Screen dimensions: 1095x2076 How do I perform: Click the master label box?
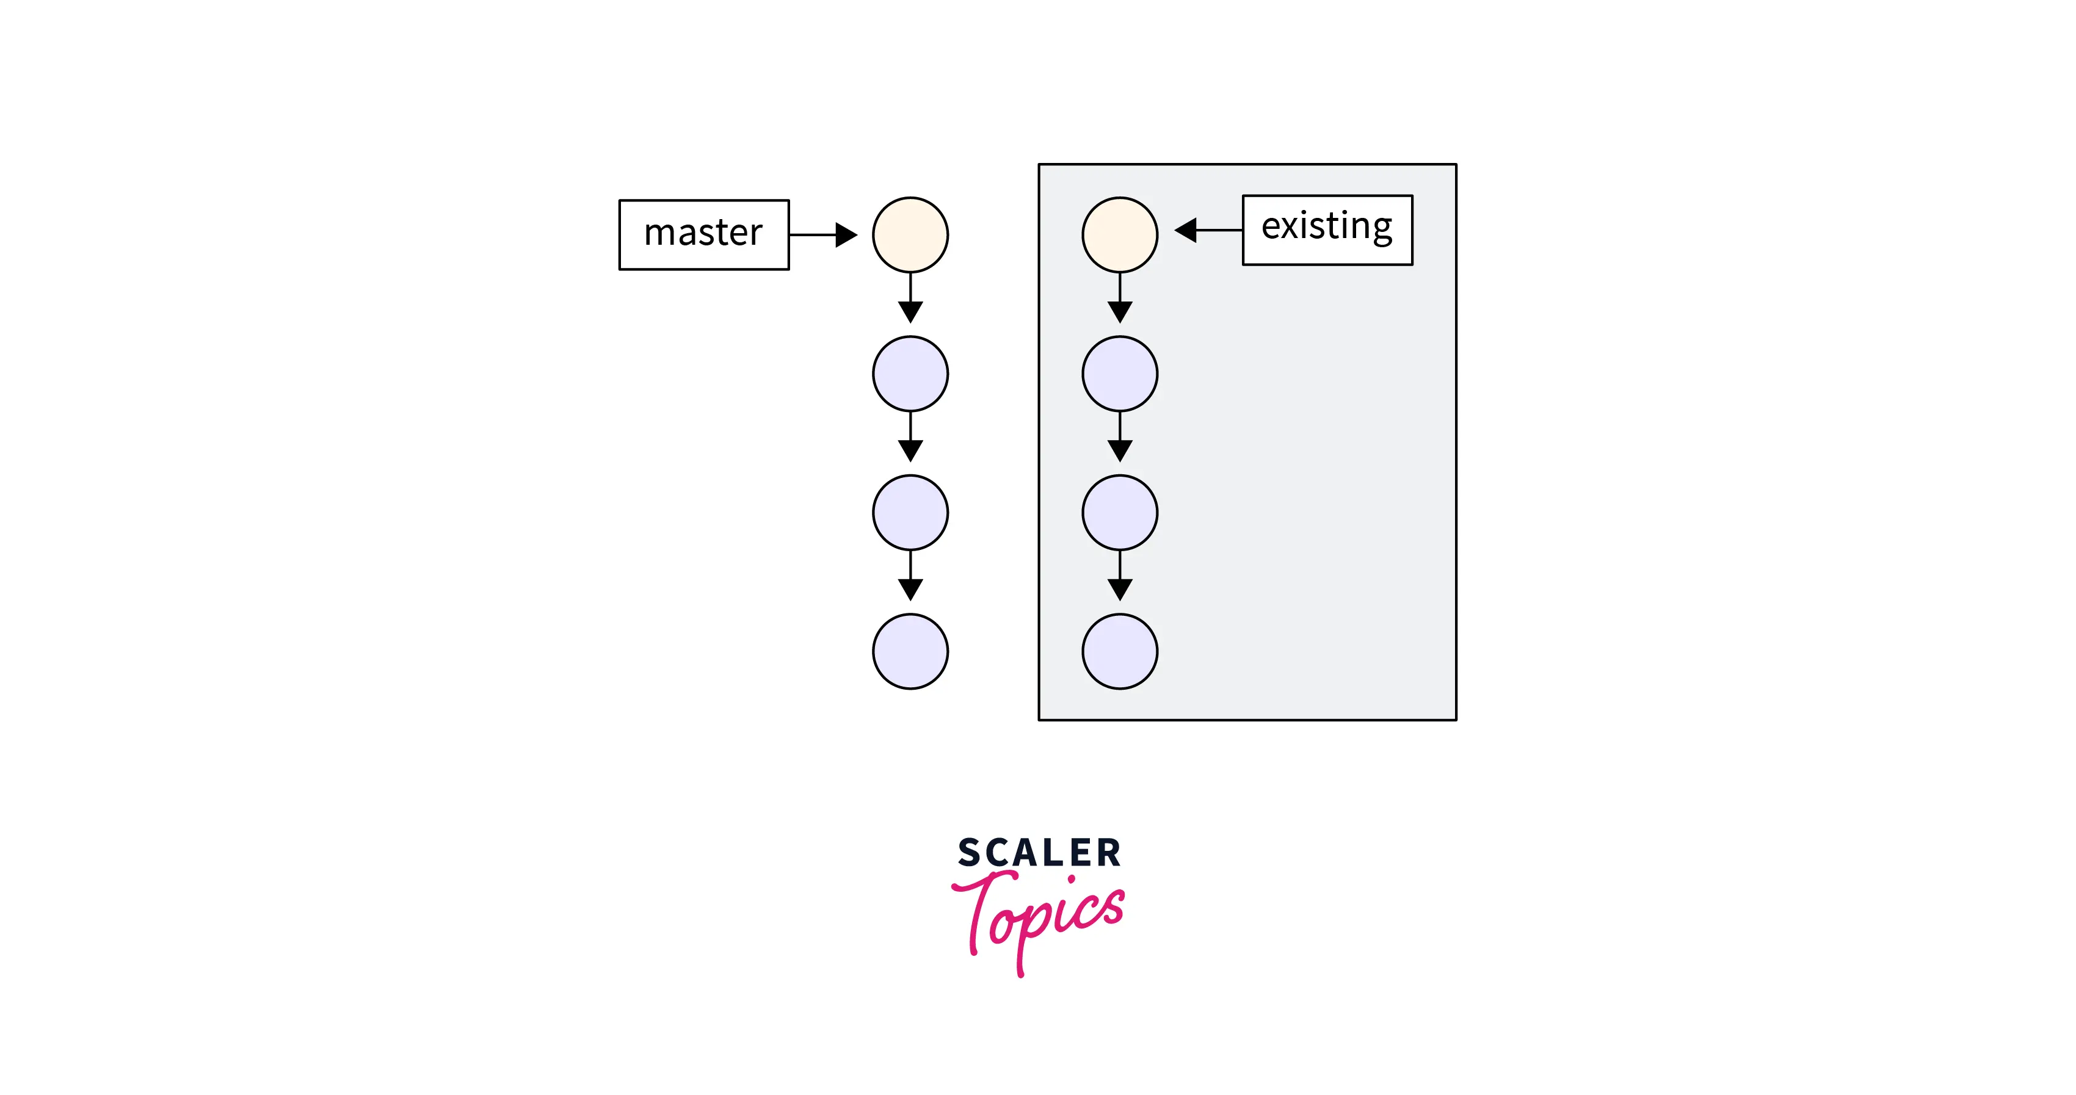pos(703,234)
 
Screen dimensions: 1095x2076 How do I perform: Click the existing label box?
pos(1327,229)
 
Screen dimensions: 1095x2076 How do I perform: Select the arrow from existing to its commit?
pos(1208,231)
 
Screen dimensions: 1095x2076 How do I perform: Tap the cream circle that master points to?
pos(910,235)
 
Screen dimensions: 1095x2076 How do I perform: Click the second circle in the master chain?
pos(910,374)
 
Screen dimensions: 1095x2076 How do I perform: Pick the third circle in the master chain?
pos(910,513)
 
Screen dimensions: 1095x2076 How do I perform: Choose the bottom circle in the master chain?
pos(910,651)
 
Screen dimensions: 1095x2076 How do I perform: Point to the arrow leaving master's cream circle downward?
pos(910,298)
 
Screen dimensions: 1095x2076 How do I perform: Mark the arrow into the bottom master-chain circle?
pos(910,576)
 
